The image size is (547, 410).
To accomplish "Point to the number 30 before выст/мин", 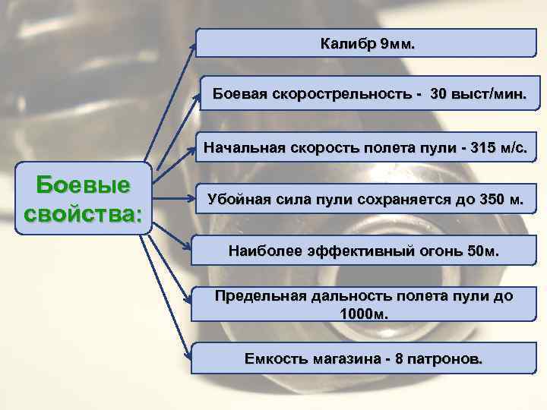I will [x=438, y=95].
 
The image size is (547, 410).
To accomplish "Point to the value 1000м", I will [x=364, y=313].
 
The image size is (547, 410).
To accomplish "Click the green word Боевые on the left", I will [x=84, y=184].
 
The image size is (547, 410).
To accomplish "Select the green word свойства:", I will [x=84, y=212].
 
